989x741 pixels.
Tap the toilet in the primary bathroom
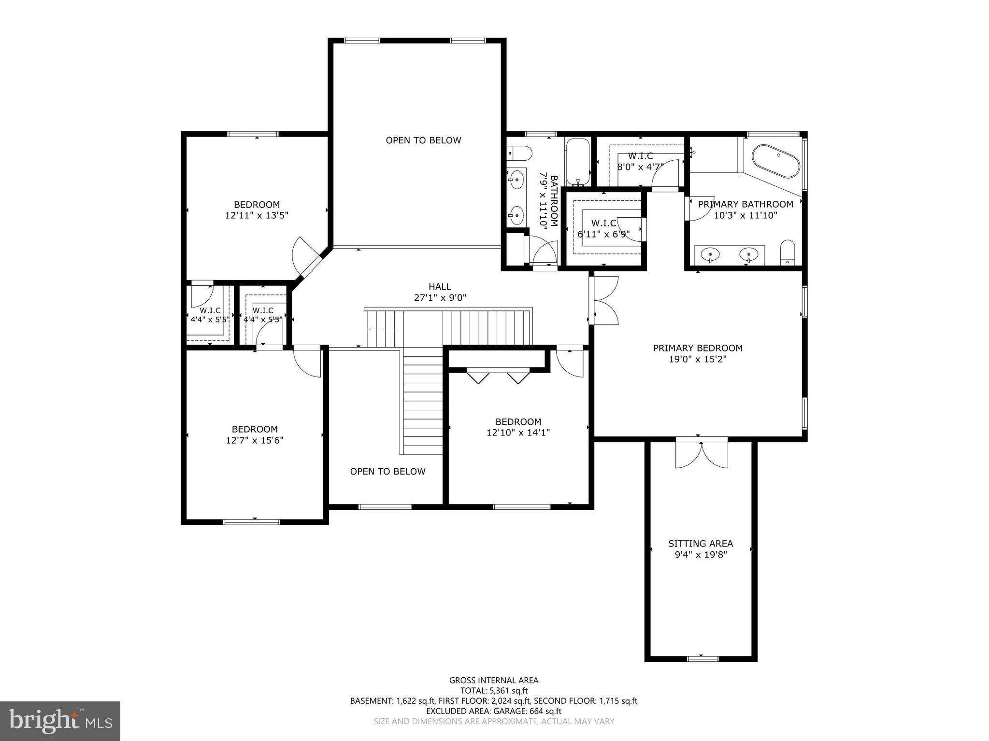pos(788,252)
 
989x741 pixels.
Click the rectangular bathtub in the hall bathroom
pos(577,162)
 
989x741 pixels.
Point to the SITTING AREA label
pos(700,544)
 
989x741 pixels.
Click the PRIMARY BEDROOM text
pos(697,348)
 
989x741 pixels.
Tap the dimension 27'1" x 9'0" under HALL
pos(440,298)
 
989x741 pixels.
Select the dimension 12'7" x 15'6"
pos(255,440)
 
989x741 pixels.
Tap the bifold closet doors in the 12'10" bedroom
pos(498,376)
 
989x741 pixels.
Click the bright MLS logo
pos(60,721)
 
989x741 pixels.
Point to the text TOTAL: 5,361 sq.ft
pos(493,691)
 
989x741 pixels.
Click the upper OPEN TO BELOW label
pos(423,140)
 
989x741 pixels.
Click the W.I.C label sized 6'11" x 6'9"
pos(603,223)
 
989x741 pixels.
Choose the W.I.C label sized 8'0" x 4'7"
pos(640,156)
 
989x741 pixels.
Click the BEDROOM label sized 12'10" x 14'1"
pos(518,421)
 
